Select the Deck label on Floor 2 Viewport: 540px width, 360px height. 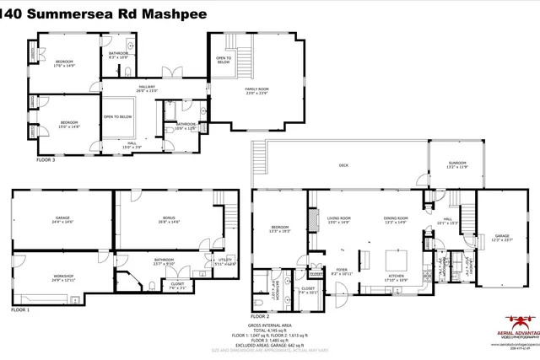click(343, 165)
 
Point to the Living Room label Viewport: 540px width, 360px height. click(338, 220)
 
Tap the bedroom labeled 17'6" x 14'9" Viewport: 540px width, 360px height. click(65, 63)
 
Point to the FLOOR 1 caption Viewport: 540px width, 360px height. click(20, 310)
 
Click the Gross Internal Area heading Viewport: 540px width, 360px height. click(270, 324)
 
